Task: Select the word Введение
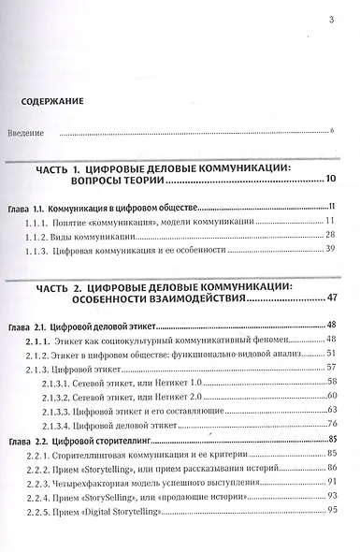pyautogui.click(x=26, y=132)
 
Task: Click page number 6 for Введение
pyautogui.click(x=332, y=131)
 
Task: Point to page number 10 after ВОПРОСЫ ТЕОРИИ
pyautogui.click(x=330, y=179)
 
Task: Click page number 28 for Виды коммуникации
pyautogui.click(x=329, y=237)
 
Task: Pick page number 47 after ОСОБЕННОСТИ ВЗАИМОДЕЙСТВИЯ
pyautogui.click(x=329, y=298)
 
